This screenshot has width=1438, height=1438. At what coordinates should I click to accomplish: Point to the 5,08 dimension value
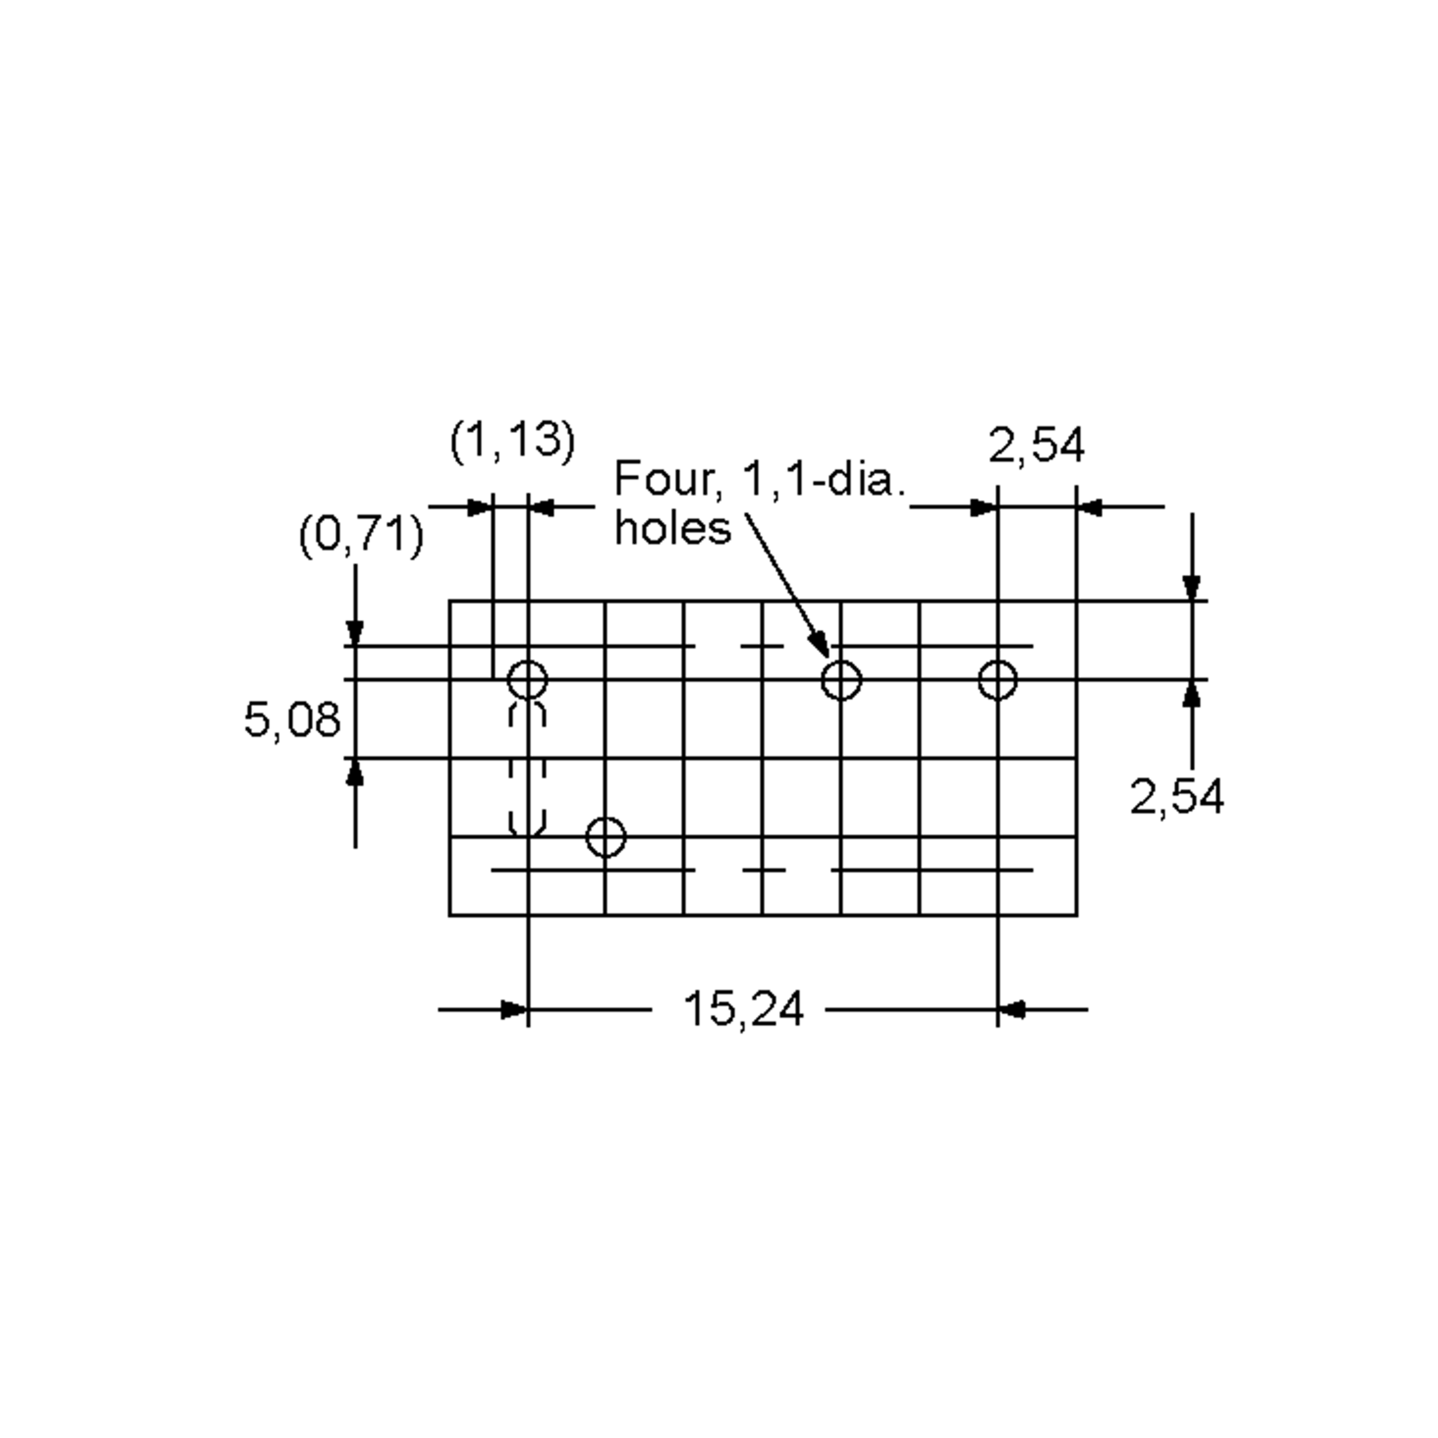[292, 720]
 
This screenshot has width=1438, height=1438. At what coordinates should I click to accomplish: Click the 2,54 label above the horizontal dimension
[1036, 446]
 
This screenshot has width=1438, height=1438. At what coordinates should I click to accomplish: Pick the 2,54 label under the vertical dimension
[1176, 797]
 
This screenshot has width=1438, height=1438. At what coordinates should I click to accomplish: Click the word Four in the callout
[664, 479]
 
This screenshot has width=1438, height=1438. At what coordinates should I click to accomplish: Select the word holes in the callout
[673, 529]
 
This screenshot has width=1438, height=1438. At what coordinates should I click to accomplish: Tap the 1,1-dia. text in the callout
[824, 479]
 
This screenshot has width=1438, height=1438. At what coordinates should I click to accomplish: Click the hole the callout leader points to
[841, 679]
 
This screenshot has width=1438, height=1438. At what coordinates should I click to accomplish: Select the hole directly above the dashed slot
[528, 679]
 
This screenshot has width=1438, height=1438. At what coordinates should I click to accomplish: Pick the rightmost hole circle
[998, 679]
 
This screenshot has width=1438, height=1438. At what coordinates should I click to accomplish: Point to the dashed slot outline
[528, 769]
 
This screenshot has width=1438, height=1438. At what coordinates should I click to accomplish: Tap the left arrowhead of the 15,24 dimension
[514, 1010]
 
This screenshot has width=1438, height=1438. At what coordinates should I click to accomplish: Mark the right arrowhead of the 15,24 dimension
[1011, 1010]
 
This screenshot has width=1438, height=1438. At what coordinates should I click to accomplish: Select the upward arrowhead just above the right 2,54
[1192, 694]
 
